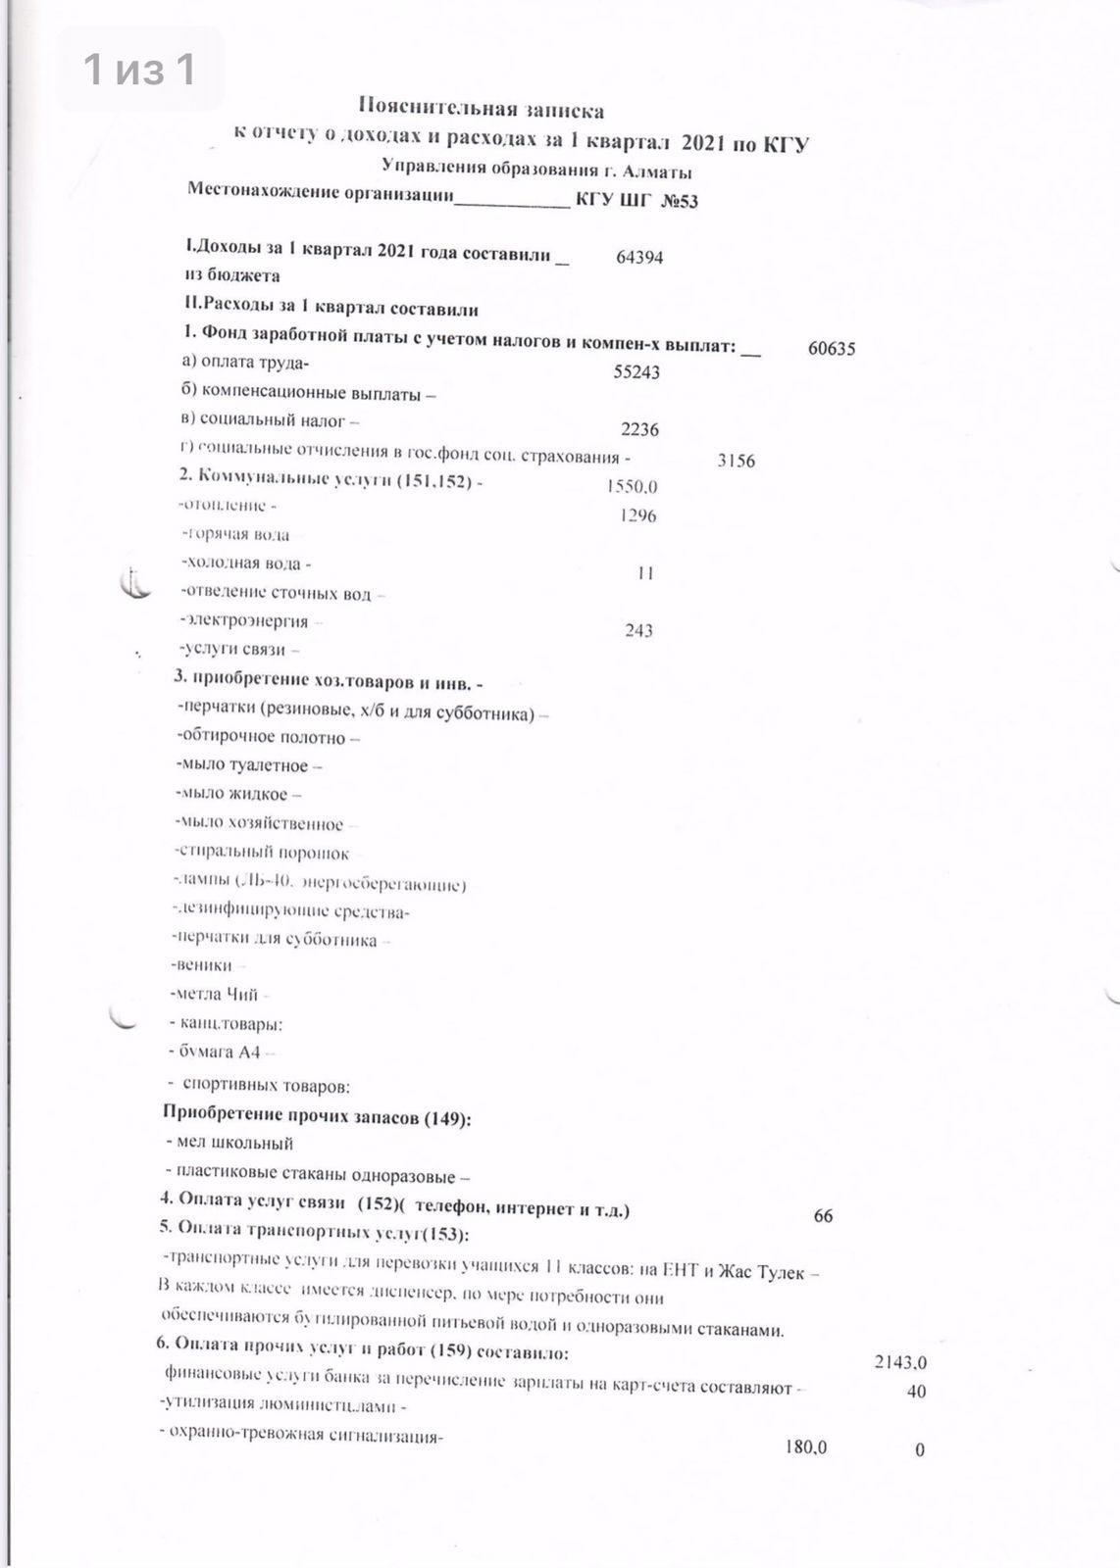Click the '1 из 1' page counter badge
[x=139, y=70]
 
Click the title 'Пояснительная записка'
[x=481, y=109]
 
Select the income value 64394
[x=639, y=257]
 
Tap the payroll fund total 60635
[x=832, y=348]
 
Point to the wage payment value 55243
[x=636, y=372]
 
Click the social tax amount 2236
[x=640, y=429]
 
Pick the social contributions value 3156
[x=737, y=461]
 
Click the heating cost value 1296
[x=638, y=515]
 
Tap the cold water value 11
[x=644, y=573]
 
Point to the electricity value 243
[x=638, y=631]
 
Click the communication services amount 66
[x=823, y=1216]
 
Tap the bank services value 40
[x=916, y=1391]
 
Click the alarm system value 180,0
[x=806, y=1447]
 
